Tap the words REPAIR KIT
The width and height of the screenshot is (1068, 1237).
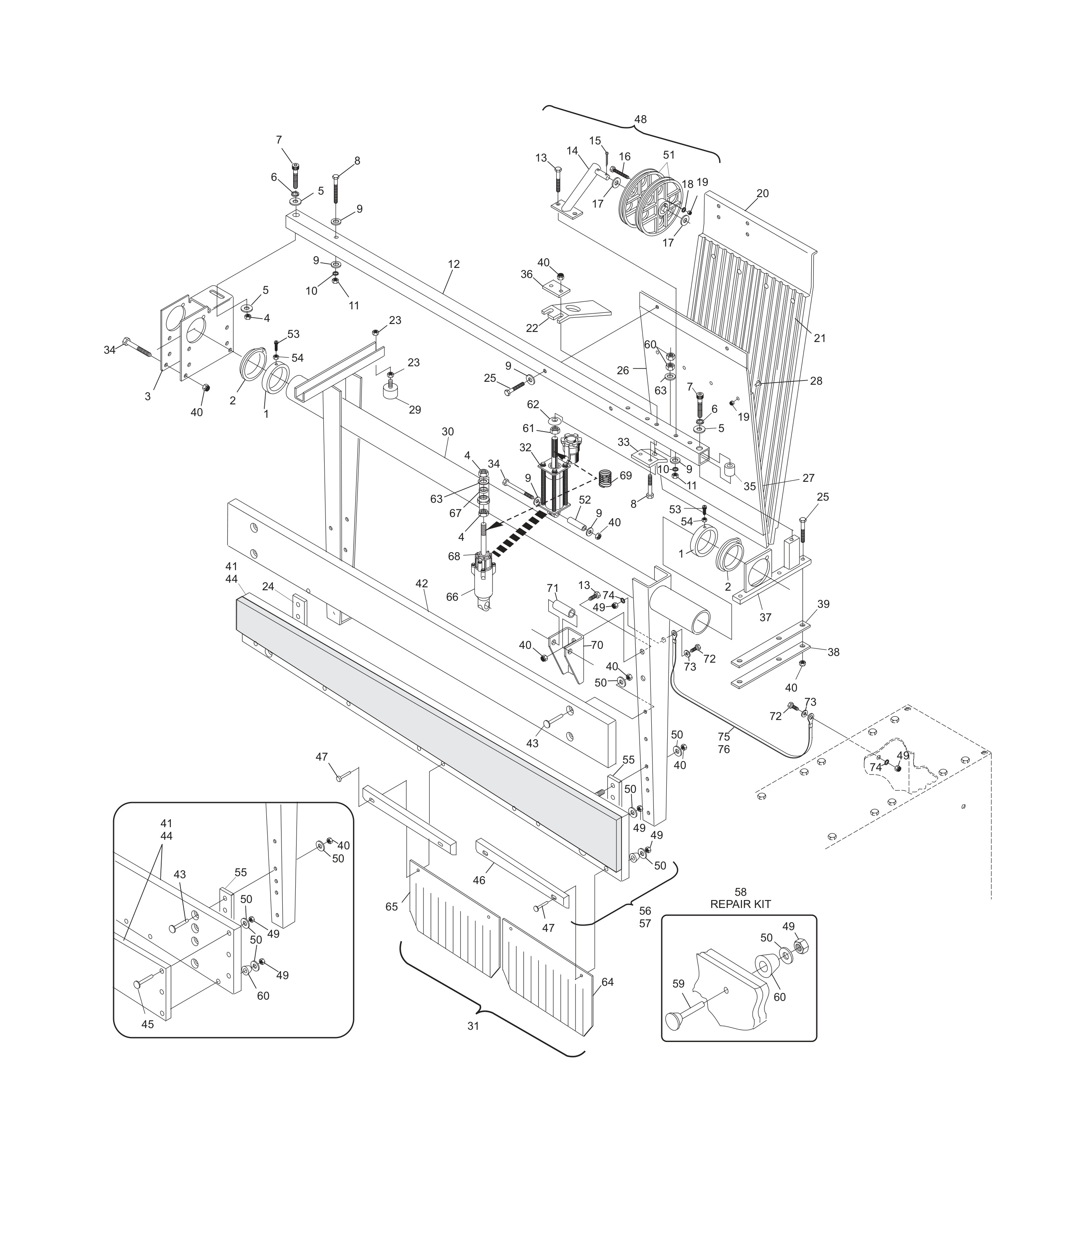(x=740, y=904)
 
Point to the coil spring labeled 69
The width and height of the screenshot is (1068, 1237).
(x=606, y=478)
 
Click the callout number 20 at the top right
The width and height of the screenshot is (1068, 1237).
(x=762, y=193)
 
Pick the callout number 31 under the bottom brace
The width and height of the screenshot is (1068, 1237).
(x=473, y=1026)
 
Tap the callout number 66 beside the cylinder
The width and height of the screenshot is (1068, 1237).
(x=452, y=597)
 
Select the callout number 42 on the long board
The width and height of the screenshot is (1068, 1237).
(x=422, y=583)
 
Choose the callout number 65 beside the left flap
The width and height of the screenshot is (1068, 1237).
(x=391, y=906)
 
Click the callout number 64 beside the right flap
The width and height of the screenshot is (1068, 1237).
(x=607, y=982)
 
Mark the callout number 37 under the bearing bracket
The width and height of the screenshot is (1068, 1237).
(x=765, y=617)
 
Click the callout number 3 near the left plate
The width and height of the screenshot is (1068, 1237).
(x=147, y=396)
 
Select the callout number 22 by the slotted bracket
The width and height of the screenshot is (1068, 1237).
(x=531, y=328)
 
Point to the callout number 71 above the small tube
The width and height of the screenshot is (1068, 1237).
(x=552, y=589)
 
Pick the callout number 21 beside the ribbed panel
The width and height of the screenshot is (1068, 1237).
(x=820, y=338)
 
